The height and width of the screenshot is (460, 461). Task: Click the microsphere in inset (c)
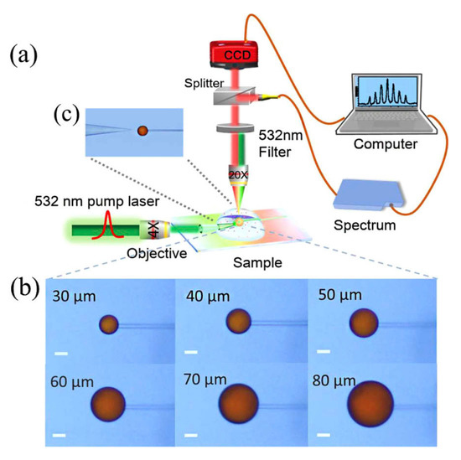(142, 131)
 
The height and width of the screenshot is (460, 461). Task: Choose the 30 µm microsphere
(110, 324)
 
